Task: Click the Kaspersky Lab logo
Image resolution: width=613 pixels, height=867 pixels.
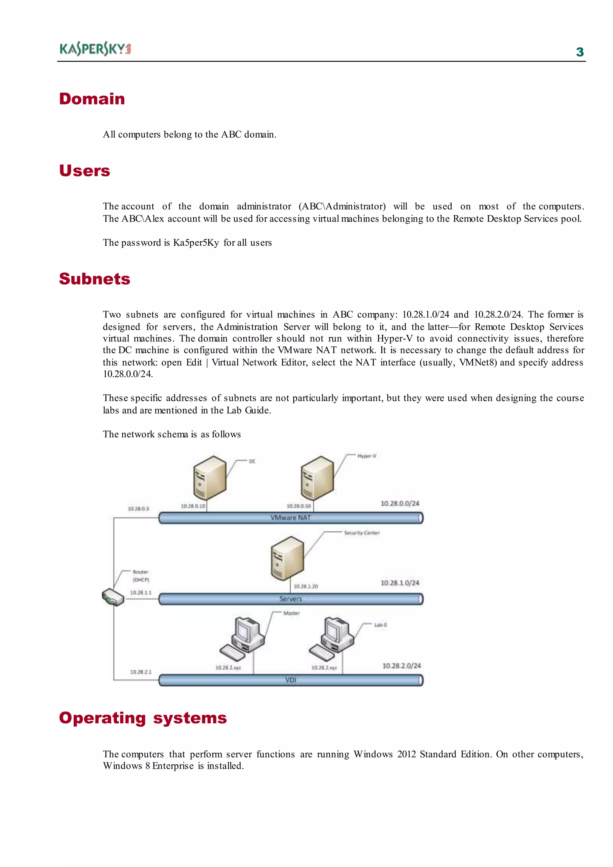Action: (95, 49)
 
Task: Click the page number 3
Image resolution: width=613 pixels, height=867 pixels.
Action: (580, 52)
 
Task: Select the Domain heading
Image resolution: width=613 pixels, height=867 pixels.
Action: (92, 99)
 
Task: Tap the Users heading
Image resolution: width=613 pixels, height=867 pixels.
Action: (84, 171)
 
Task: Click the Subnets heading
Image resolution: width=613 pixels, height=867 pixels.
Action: (94, 279)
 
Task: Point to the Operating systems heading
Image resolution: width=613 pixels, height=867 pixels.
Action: (143, 718)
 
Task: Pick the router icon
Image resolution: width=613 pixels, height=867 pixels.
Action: (113, 597)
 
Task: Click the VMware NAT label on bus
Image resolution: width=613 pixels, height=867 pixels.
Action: (290, 518)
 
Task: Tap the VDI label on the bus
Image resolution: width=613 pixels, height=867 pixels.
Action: (290, 680)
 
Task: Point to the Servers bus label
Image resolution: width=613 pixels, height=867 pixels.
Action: (290, 599)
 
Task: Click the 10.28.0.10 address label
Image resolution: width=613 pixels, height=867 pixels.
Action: (192, 506)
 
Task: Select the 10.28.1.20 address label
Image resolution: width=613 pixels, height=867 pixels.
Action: (306, 586)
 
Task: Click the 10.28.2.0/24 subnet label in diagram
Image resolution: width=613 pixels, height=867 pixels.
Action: (401, 666)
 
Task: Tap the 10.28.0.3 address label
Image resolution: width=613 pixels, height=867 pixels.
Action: (138, 509)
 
